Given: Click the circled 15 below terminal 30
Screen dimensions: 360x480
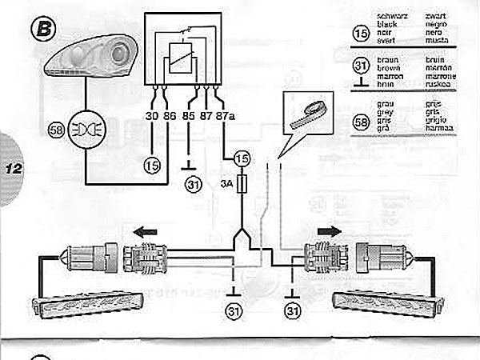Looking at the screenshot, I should [153, 166].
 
